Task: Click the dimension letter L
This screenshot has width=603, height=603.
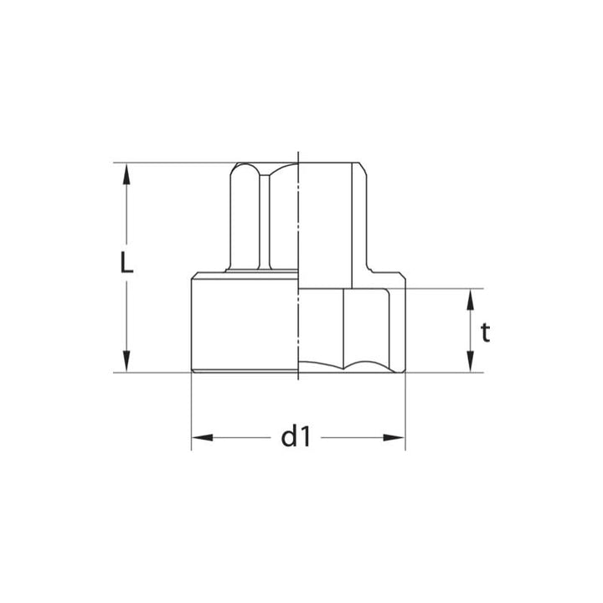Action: click(x=126, y=264)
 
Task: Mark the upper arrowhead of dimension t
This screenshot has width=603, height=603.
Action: click(x=472, y=298)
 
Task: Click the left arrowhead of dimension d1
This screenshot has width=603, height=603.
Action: click(x=202, y=437)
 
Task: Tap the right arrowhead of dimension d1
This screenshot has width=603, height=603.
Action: click(x=395, y=437)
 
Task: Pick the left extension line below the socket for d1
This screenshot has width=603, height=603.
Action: click(x=192, y=410)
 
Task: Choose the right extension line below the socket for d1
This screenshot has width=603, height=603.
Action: click(x=405, y=410)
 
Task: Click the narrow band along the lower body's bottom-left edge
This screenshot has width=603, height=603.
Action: click(x=243, y=369)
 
